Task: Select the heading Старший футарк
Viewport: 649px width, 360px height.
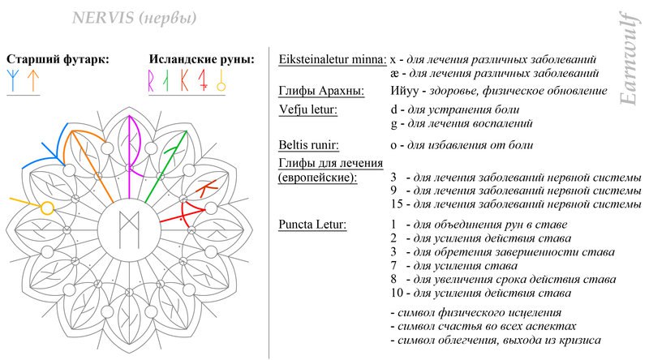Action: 58,59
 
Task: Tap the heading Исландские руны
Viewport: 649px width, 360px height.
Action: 202,59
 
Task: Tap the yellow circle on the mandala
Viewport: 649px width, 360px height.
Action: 48,208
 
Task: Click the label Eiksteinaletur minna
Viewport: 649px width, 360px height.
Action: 332,60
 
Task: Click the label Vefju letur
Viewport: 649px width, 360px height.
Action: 307,109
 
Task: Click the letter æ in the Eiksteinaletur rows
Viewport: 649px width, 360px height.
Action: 394,74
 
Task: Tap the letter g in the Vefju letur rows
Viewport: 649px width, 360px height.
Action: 393,124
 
